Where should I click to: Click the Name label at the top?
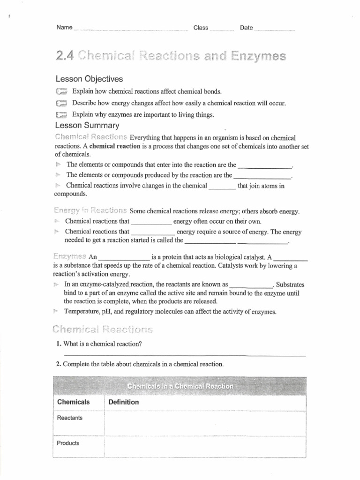pos(64,28)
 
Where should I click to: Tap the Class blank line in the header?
pos(222,30)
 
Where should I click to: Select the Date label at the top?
pos(246,28)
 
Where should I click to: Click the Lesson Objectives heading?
pos(89,79)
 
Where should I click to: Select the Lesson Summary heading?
pos(87,126)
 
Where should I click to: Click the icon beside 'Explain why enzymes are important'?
pos(61,115)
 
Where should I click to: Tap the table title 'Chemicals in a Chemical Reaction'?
pos(180,386)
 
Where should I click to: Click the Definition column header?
pos(124,402)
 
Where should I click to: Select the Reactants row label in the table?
pos(69,418)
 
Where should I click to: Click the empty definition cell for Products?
pos(205,444)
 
